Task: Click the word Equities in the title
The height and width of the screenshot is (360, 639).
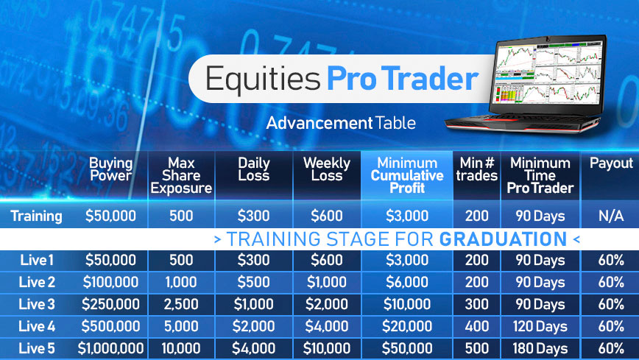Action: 262,79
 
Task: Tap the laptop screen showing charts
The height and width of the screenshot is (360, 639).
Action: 548,74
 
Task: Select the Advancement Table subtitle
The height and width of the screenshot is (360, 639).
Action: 341,123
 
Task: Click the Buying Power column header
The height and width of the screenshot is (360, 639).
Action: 111,169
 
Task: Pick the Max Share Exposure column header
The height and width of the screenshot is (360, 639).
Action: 181,175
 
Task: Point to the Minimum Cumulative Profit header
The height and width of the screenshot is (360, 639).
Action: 407,175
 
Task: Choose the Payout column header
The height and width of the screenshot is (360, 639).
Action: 611,163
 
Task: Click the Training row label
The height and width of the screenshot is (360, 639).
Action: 36,216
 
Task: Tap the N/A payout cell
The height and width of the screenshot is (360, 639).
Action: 611,216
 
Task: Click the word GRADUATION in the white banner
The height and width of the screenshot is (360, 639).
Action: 504,239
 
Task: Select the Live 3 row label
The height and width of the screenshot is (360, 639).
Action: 36,304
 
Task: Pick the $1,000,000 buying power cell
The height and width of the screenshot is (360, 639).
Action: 111,348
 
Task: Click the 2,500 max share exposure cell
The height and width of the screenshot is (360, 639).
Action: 181,304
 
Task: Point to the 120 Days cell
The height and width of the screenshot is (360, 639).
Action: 540,326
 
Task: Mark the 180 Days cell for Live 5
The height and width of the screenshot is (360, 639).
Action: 540,348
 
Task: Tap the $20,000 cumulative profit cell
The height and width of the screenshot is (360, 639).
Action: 407,326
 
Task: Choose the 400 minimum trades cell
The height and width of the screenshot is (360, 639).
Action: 477,326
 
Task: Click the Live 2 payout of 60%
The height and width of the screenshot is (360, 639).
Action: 611,282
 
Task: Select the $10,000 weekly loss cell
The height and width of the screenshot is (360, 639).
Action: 327,348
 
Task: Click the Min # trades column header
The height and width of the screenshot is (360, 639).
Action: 477,169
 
